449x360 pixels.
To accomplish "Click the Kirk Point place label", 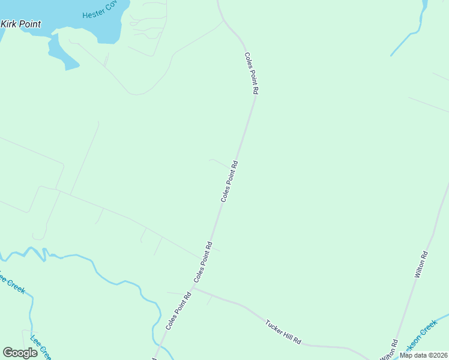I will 20,25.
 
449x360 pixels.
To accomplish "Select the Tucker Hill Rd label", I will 283,331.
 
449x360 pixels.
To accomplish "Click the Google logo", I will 20,353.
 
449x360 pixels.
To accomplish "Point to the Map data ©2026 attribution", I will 423,355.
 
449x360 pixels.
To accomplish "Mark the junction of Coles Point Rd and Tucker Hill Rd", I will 193,287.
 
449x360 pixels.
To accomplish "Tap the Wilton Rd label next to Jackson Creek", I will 389,350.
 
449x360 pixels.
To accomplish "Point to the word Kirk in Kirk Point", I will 9,25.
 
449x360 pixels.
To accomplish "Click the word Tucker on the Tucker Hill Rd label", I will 274,326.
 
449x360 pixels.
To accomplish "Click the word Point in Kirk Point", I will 29,25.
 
